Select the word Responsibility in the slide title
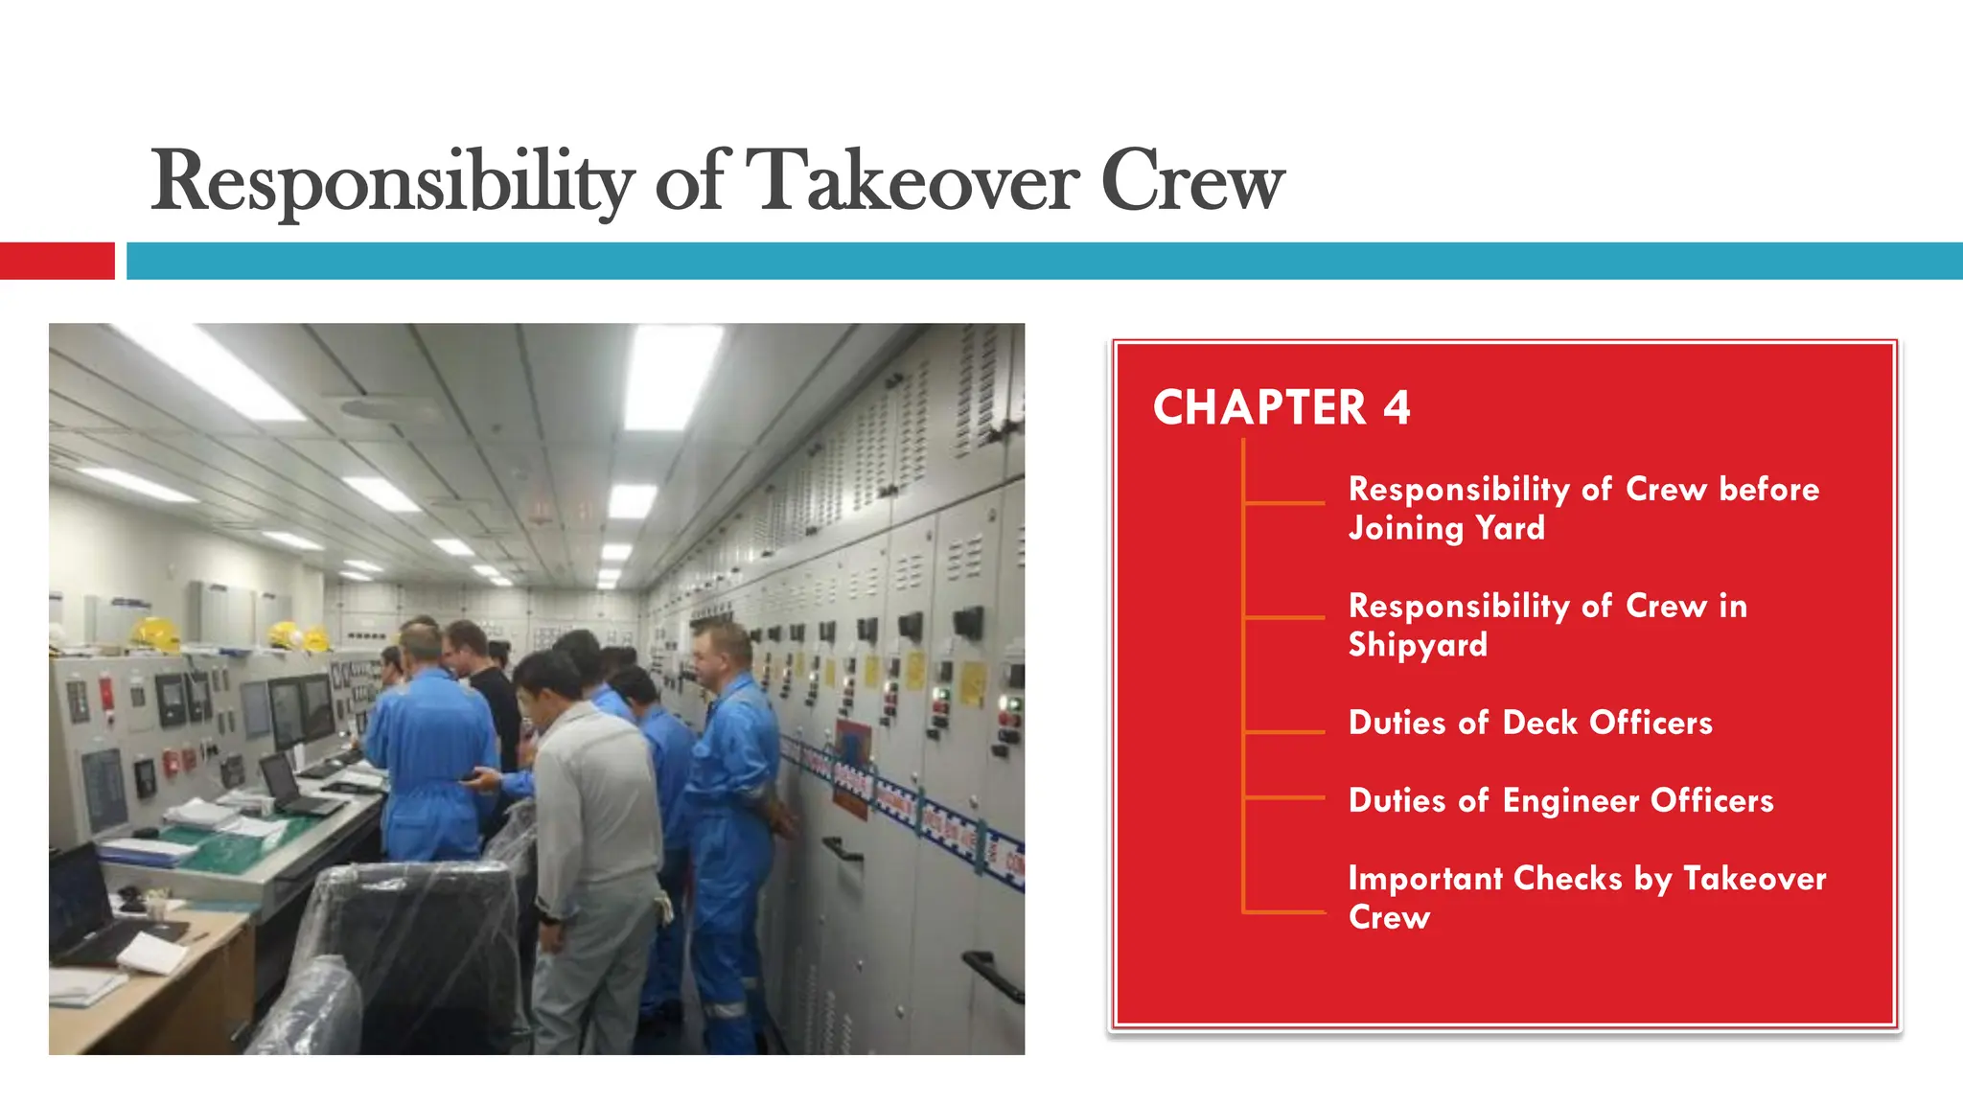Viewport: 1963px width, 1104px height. point(392,182)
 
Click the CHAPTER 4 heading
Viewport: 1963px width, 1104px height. point(1282,407)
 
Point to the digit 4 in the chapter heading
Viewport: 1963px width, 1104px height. point(1397,407)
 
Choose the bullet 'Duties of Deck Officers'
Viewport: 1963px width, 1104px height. point(1530,723)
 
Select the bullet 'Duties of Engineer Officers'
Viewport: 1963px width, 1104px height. point(1560,800)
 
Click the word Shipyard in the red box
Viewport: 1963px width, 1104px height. point(1418,645)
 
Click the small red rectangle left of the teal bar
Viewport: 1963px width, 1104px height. point(57,261)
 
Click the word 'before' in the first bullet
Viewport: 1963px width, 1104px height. point(1768,489)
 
